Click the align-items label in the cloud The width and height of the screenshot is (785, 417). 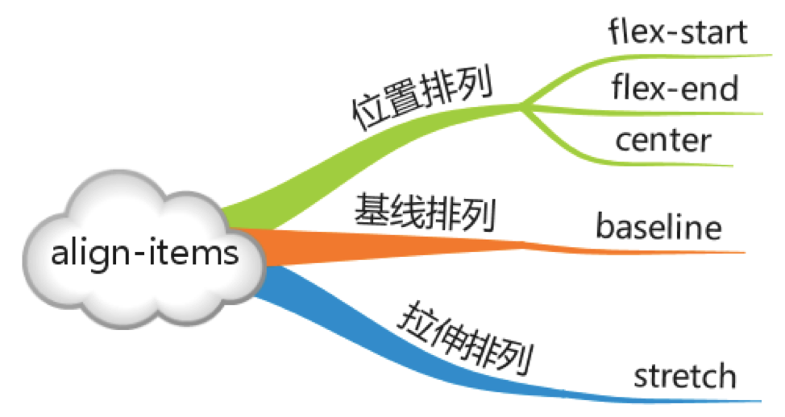click(x=145, y=254)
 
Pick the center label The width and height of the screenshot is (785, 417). click(x=663, y=140)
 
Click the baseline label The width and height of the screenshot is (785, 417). click(x=658, y=228)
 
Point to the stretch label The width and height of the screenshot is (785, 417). click(x=684, y=375)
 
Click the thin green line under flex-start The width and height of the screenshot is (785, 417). click(x=685, y=57)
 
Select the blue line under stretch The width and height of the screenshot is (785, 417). click(x=685, y=399)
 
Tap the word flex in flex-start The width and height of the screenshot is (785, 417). click(x=629, y=34)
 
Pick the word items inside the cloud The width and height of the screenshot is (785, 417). click(x=194, y=254)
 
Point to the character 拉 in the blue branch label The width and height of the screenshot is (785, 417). click(x=414, y=320)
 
